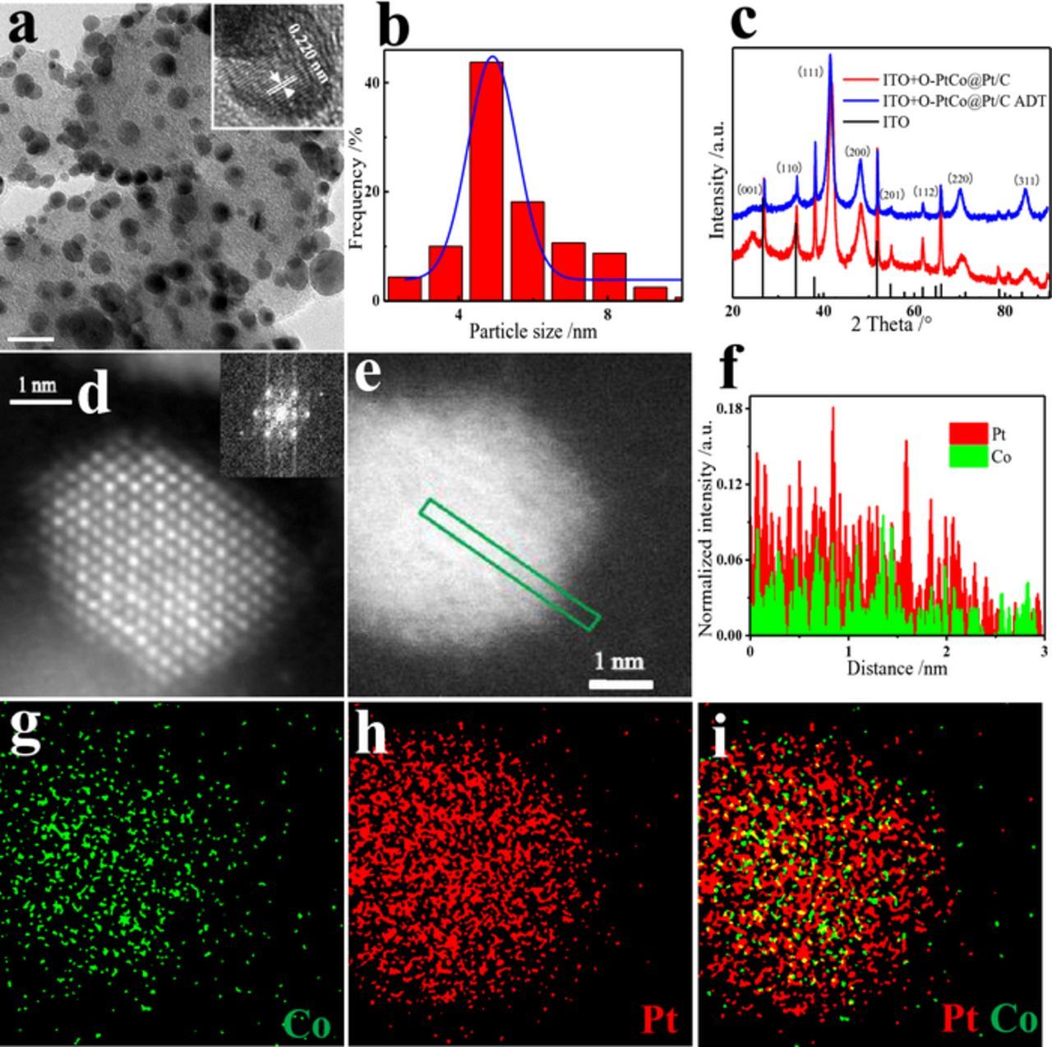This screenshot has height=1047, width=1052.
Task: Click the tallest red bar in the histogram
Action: pyautogui.click(x=486, y=181)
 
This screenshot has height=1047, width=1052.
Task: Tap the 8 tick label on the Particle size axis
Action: pyautogui.click(x=607, y=315)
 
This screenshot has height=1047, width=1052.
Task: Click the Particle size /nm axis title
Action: pyautogui.click(x=533, y=332)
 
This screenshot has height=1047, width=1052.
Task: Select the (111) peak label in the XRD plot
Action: pyautogui.click(x=810, y=72)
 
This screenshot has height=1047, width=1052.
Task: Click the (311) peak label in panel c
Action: pyautogui.click(x=1026, y=180)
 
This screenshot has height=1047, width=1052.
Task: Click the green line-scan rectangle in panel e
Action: pyautogui.click(x=510, y=565)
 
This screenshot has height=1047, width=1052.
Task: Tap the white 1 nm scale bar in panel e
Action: pyautogui.click(x=621, y=684)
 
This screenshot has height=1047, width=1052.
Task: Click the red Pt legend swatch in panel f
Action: pyautogui.click(x=967, y=434)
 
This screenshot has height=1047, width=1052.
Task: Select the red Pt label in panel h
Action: pyautogui.click(x=658, y=1021)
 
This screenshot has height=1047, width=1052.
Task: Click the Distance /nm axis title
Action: pyautogui.click(x=897, y=668)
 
